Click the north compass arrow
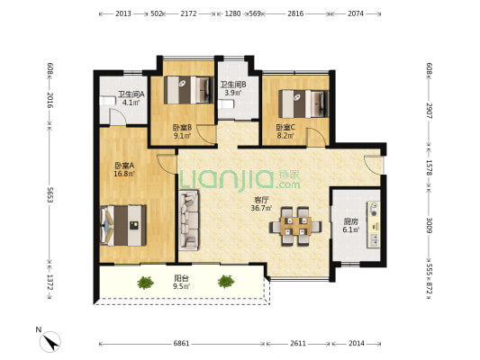click(50, 341)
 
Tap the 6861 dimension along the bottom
click(182, 344)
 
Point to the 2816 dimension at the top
click(295, 13)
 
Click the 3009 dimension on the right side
click(430, 225)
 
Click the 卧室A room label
click(124, 166)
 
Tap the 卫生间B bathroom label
click(233, 85)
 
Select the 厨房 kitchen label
click(350, 221)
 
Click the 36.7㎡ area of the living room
click(261, 208)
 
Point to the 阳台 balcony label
click(182, 278)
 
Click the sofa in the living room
click(188, 220)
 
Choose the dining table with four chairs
click(295, 226)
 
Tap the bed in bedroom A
click(123, 225)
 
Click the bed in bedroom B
click(188, 90)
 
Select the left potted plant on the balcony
click(145, 283)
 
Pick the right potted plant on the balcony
click(226, 282)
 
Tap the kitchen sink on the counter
click(374, 239)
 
